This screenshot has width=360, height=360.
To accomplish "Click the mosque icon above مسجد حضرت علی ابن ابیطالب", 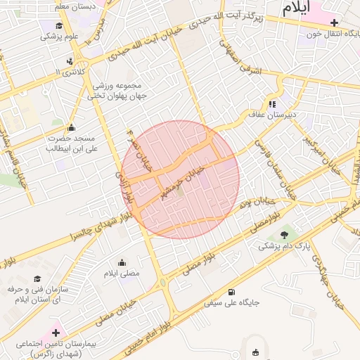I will (71, 127).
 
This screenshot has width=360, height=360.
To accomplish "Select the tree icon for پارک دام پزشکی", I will (284, 235).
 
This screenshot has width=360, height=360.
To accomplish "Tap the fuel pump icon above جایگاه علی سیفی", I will (232, 292).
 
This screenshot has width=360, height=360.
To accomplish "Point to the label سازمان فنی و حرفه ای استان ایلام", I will (37, 294).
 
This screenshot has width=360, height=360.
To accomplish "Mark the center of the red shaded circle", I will (180, 179).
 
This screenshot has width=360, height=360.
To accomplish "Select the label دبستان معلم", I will (72, 6).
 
